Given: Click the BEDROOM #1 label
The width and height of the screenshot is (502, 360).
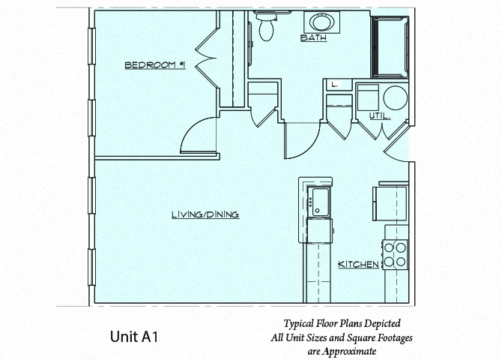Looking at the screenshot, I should [154, 66].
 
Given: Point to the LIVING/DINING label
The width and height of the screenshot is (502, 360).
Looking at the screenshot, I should [205, 214].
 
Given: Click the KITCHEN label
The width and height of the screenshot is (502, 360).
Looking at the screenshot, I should [357, 265].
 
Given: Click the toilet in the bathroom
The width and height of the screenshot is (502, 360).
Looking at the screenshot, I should [264, 26].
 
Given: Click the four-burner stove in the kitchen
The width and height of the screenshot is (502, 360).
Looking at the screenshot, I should [396, 254].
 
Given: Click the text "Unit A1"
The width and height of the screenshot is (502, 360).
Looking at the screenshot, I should [133, 337].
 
